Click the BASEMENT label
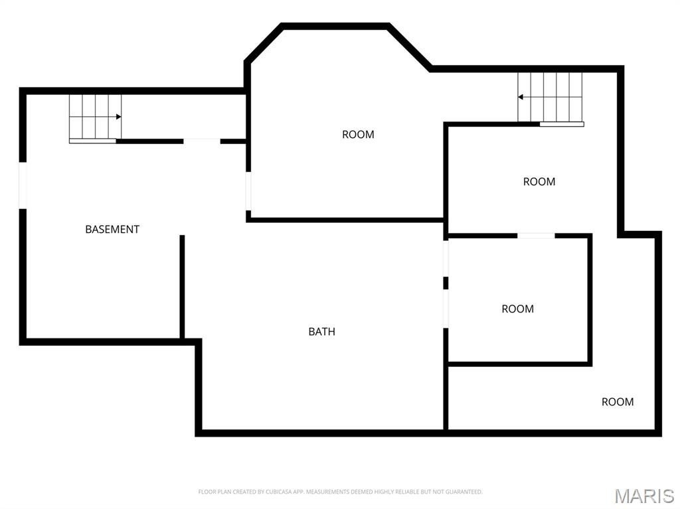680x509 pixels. coord(112,230)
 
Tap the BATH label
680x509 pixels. coord(322,332)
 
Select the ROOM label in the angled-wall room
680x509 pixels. coord(358,135)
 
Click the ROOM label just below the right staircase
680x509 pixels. coord(539,182)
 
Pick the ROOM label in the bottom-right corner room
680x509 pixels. coord(618,402)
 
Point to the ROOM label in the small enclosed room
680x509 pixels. coord(518,309)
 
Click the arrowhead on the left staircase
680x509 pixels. coord(118,117)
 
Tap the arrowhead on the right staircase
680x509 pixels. coord(521,97)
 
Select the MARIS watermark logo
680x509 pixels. coord(644,496)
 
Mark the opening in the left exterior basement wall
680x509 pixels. coord(23,186)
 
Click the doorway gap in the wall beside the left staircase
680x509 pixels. coord(202,141)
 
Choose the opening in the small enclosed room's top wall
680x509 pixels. coord(536,236)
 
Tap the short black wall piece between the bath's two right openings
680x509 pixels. coord(446,283)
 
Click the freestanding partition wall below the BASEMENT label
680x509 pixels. coord(182,287)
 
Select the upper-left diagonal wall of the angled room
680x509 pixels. coord(263,42)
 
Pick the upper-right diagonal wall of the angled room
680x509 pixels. coord(410,47)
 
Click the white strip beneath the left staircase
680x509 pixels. coord(93,141)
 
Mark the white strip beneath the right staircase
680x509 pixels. coord(562,125)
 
